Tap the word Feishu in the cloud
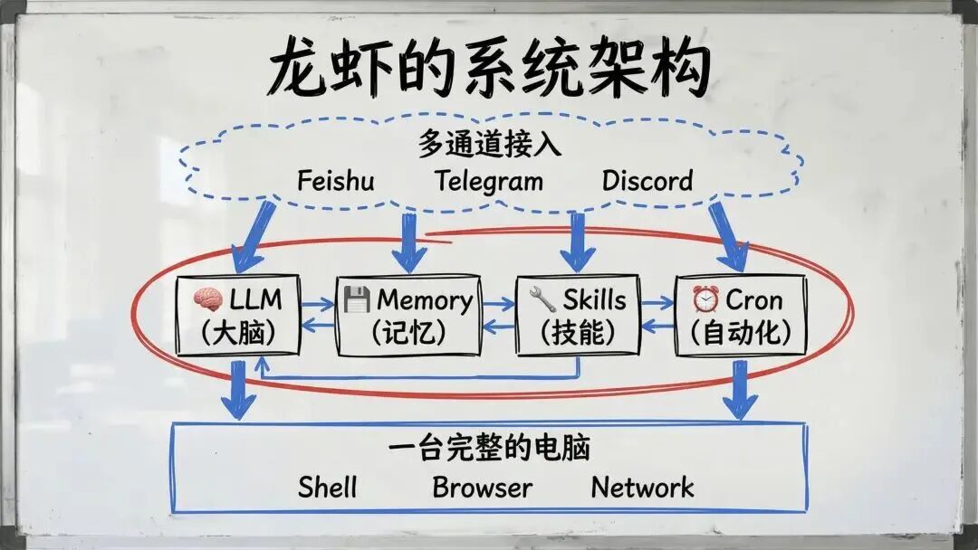point(335,180)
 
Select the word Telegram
point(488,181)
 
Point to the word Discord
point(647,180)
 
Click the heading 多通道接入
point(489,144)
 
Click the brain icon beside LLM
point(207,299)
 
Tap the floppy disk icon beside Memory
point(357,299)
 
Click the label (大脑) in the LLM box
point(238,332)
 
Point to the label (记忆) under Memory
point(407,332)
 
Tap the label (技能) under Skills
point(578,332)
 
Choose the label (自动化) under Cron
point(740,332)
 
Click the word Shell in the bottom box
point(328,488)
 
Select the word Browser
point(482,488)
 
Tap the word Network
point(642,488)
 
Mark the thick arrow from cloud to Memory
point(409,242)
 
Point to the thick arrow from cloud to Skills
point(577,242)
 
